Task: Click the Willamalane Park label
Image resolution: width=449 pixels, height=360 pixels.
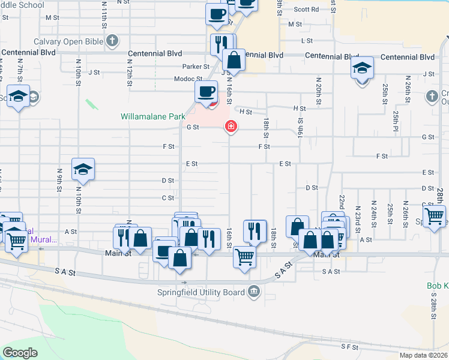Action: coord(151,116)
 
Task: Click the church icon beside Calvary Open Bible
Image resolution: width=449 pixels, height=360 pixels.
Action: coord(111,41)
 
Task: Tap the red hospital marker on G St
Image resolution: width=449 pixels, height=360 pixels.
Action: coord(230,126)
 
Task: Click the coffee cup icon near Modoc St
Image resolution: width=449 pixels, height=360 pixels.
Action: coord(206,92)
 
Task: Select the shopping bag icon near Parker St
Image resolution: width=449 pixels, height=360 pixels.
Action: coord(233,59)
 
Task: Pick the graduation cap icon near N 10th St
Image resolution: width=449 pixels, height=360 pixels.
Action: coord(83,169)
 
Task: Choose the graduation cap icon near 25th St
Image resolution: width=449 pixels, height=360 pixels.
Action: coord(363,67)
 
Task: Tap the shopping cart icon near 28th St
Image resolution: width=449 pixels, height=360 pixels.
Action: coord(434,215)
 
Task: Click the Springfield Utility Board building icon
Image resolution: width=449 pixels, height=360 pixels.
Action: coord(254,292)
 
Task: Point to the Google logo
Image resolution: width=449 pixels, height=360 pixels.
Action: coord(20,353)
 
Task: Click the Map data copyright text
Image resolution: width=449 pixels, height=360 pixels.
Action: coord(424,355)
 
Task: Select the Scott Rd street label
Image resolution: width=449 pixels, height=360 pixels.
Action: coord(306,10)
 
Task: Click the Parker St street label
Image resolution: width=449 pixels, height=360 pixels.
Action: coord(196,67)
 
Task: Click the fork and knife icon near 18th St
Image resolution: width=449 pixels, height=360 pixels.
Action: coord(255,230)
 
